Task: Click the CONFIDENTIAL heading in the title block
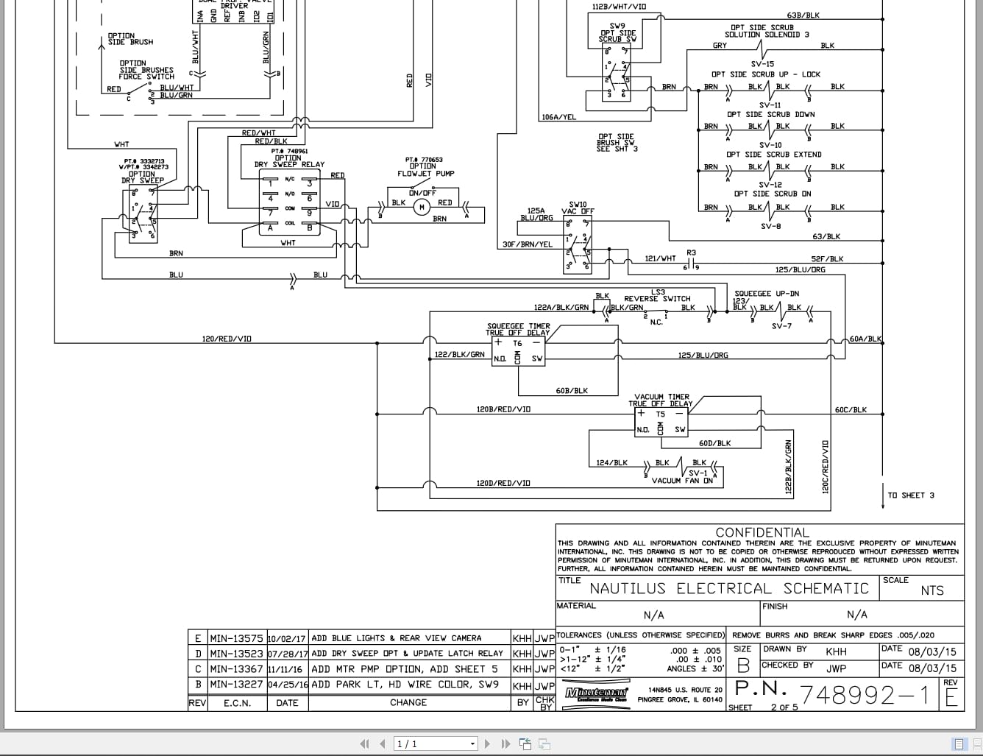click(x=762, y=532)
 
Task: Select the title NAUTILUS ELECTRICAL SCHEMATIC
click(x=729, y=589)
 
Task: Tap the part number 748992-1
click(x=864, y=694)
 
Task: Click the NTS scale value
click(x=931, y=590)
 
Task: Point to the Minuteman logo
click(x=596, y=693)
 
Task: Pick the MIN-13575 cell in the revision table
click(x=236, y=638)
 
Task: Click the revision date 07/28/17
click(x=287, y=654)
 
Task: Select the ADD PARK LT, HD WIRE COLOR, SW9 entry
click(x=405, y=685)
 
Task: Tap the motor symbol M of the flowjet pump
click(x=422, y=207)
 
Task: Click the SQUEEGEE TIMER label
click(x=518, y=326)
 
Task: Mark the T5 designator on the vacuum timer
click(x=660, y=414)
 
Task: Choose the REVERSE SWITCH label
click(x=657, y=299)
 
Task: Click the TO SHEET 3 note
click(x=911, y=495)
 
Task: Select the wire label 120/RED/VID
click(x=227, y=339)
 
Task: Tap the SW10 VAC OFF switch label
click(x=578, y=208)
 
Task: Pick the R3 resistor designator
click(x=691, y=253)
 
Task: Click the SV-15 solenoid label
click(x=762, y=64)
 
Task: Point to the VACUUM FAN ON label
click(x=682, y=481)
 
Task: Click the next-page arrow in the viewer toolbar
click(x=488, y=744)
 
